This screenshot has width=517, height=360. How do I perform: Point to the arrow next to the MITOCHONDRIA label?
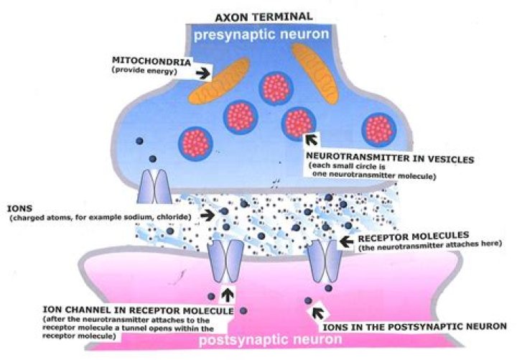click(204, 73)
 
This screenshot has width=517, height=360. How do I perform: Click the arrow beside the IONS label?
click(208, 214)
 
